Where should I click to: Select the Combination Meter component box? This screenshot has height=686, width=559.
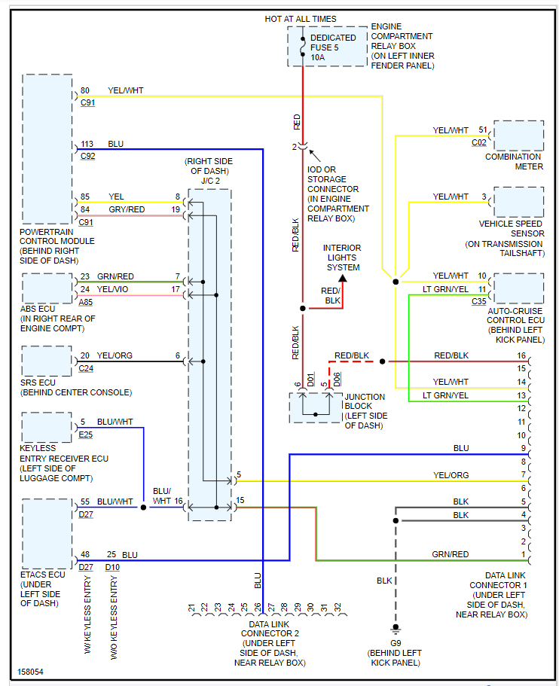(518, 136)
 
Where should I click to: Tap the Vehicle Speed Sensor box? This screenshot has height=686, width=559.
(518, 202)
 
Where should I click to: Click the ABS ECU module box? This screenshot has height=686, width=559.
(47, 288)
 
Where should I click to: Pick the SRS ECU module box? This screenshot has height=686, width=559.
(47, 361)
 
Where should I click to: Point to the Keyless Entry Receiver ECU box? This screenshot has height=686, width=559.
(47, 427)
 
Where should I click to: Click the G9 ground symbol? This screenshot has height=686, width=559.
(394, 630)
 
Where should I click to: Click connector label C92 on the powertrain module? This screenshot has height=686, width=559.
(87, 157)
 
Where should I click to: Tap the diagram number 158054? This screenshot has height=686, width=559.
(31, 671)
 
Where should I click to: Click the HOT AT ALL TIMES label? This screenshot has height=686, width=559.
(301, 19)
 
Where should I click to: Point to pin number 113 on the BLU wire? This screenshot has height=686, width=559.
(87, 143)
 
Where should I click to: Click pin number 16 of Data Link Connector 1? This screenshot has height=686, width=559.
(521, 355)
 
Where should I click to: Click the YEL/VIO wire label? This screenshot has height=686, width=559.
(113, 288)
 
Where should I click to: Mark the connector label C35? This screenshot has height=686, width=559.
(479, 301)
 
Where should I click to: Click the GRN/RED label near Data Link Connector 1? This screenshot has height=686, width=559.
(450, 554)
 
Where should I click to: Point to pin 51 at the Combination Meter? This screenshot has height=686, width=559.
(482, 130)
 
